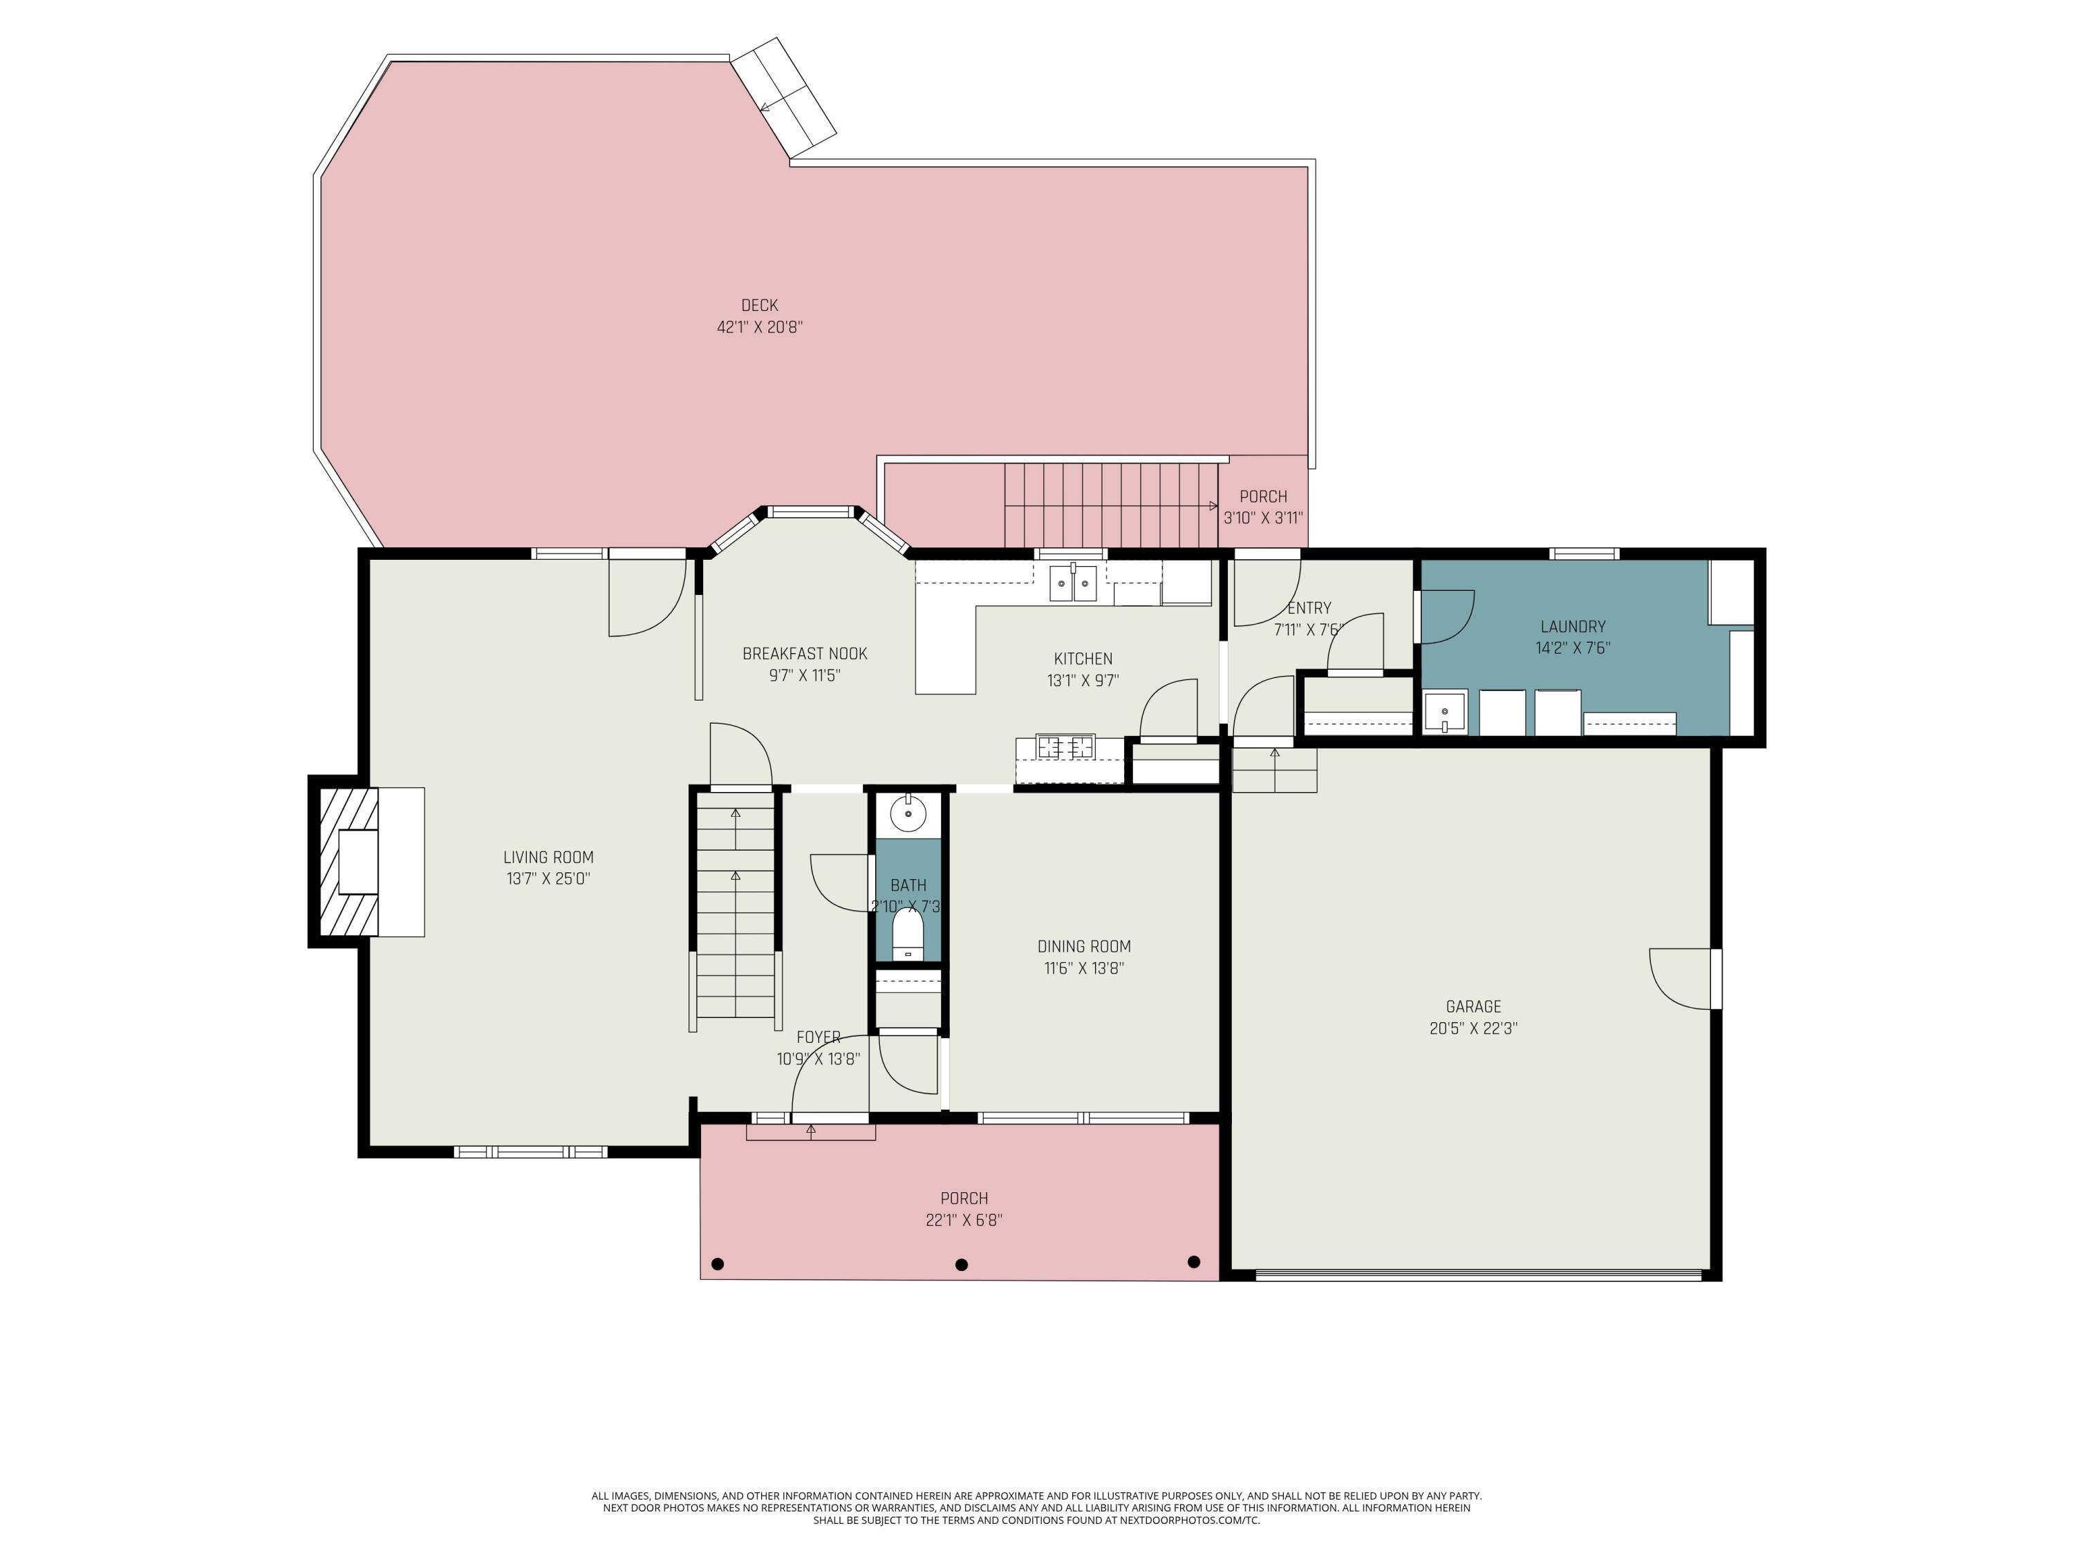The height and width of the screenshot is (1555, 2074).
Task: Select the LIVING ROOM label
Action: point(548,857)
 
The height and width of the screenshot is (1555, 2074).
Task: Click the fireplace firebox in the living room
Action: point(357,860)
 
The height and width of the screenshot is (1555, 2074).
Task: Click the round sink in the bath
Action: point(908,813)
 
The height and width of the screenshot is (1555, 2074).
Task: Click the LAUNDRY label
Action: point(1572,626)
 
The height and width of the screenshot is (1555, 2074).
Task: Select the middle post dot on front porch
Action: point(961,1265)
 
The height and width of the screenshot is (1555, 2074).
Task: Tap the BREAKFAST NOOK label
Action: point(805,653)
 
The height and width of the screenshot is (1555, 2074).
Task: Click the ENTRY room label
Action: point(1309,607)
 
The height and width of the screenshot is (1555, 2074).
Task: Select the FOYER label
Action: point(818,1037)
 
